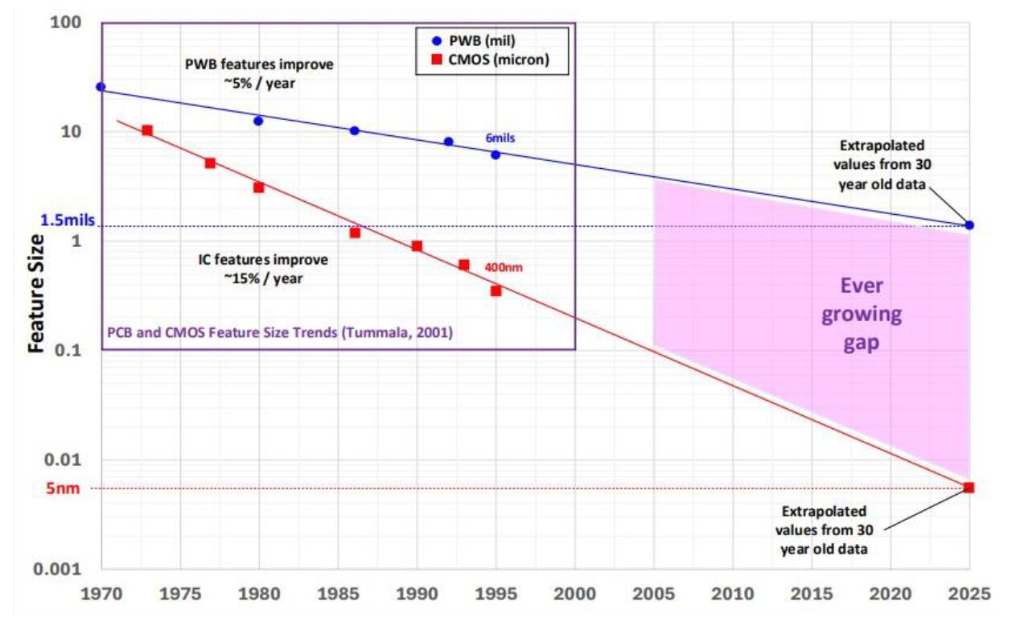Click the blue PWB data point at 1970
[101, 87]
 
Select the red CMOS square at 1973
[147, 130]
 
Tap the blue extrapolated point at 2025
[969, 225]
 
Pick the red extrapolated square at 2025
[969, 488]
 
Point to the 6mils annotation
[500, 138]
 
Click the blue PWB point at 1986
[355, 130]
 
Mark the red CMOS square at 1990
[417, 246]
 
